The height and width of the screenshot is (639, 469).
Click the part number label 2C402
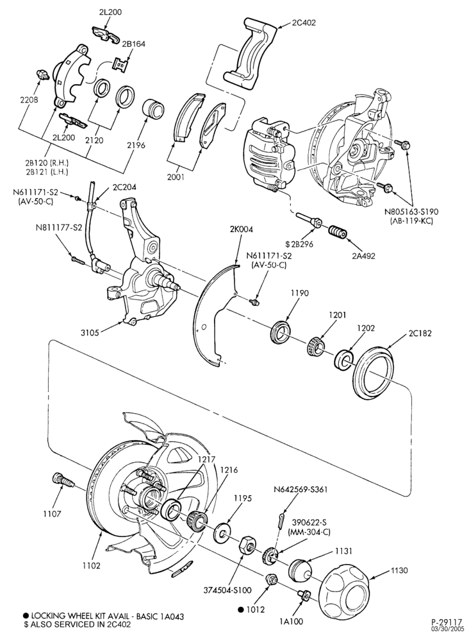[x=304, y=23]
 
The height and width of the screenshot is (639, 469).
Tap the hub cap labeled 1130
[x=345, y=586]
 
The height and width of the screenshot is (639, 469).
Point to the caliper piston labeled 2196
[x=153, y=108]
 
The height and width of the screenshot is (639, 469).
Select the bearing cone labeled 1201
[x=315, y=346]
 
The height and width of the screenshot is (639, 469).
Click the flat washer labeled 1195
[x=222, y=532]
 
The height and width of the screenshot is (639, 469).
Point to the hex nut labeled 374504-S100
[x=246, y=545]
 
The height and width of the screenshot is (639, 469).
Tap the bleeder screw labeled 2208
[x=41, y=74]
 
